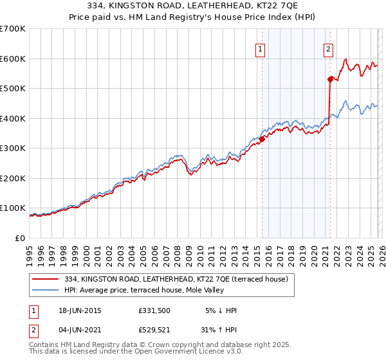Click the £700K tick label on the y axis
[x=13, y=29]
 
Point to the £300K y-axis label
[x=13, y=148]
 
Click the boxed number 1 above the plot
[x=261, y=49]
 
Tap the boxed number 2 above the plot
[x=328, y=49]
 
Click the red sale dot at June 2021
[x=330, y=79]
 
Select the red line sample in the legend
[x=46, y=278]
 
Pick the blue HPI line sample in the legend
[x=46, y=289]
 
